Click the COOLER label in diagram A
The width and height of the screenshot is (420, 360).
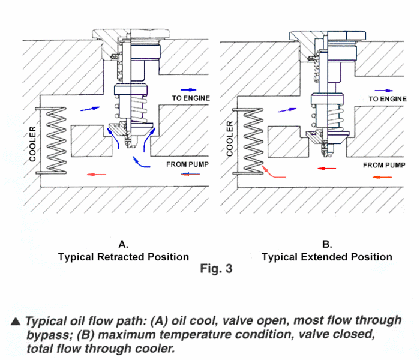(34, 144)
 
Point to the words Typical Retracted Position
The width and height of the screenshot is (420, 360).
(123, 257)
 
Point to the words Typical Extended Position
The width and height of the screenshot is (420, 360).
(327, 257)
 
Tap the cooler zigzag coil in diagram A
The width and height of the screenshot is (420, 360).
(50, 140)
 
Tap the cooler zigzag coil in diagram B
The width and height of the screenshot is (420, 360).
(248, 140)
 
